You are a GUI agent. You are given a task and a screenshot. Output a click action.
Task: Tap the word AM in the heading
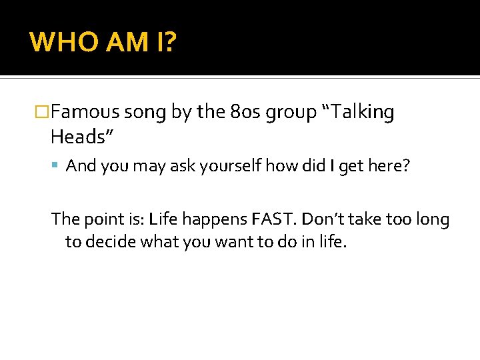[122, 42]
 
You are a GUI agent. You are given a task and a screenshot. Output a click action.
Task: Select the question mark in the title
[170, 42]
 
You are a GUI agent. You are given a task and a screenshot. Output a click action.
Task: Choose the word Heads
[79, 137]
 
